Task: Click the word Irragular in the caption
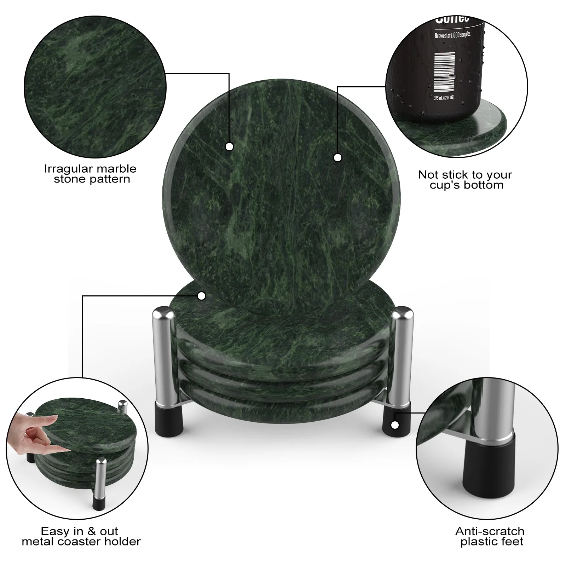point(65,169)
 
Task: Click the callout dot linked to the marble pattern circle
point(230,146)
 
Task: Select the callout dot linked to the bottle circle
point(337,157)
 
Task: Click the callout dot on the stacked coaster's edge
point(202,296)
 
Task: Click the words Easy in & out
point(79,531)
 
